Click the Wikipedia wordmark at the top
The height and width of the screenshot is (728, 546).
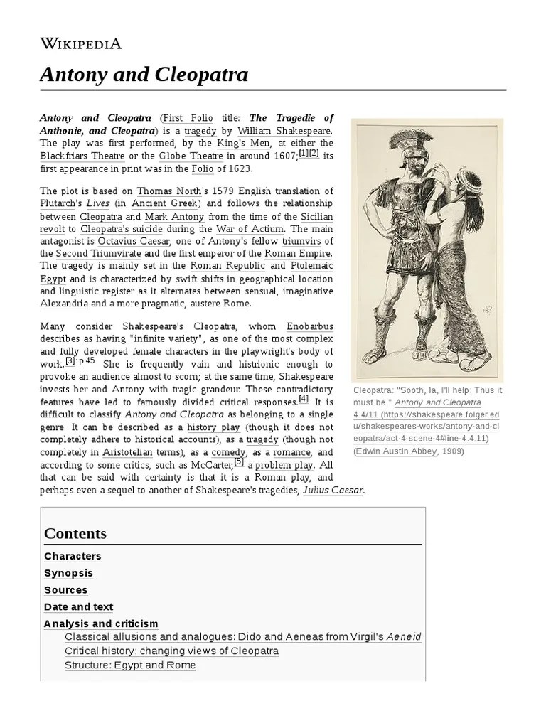click(80, 43)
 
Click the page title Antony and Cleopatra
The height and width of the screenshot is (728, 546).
click(144, 74)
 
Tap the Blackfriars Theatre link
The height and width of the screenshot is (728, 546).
click(82, 156)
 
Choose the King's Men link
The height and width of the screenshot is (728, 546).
click(245, 144)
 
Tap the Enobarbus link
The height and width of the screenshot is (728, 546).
click(309, 326)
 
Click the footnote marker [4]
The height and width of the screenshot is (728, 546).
click(304, 399)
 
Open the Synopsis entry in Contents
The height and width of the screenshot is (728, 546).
click(68, 573)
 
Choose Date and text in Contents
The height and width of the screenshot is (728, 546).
click(78, 607)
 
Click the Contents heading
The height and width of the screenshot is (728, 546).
click(75, 533)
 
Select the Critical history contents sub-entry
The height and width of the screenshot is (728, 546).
click(171, 651)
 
